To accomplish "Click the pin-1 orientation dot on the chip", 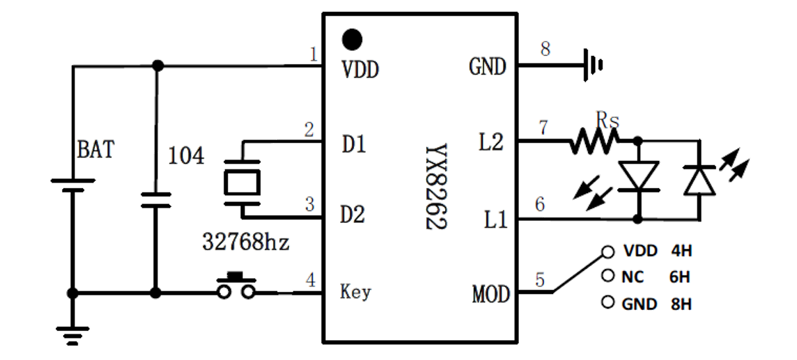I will (353, 39).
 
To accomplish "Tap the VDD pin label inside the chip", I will (361, 69).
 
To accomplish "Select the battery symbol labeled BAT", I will (73, 184).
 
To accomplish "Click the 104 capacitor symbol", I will (156, 200).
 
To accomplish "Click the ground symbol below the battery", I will (73, 335).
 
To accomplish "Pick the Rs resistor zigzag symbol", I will (595, 140).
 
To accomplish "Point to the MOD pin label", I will (491, 294).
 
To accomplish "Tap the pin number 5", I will (540, 280).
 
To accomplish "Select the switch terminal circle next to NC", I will (607, 277).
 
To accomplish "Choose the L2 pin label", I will (490, 142).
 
